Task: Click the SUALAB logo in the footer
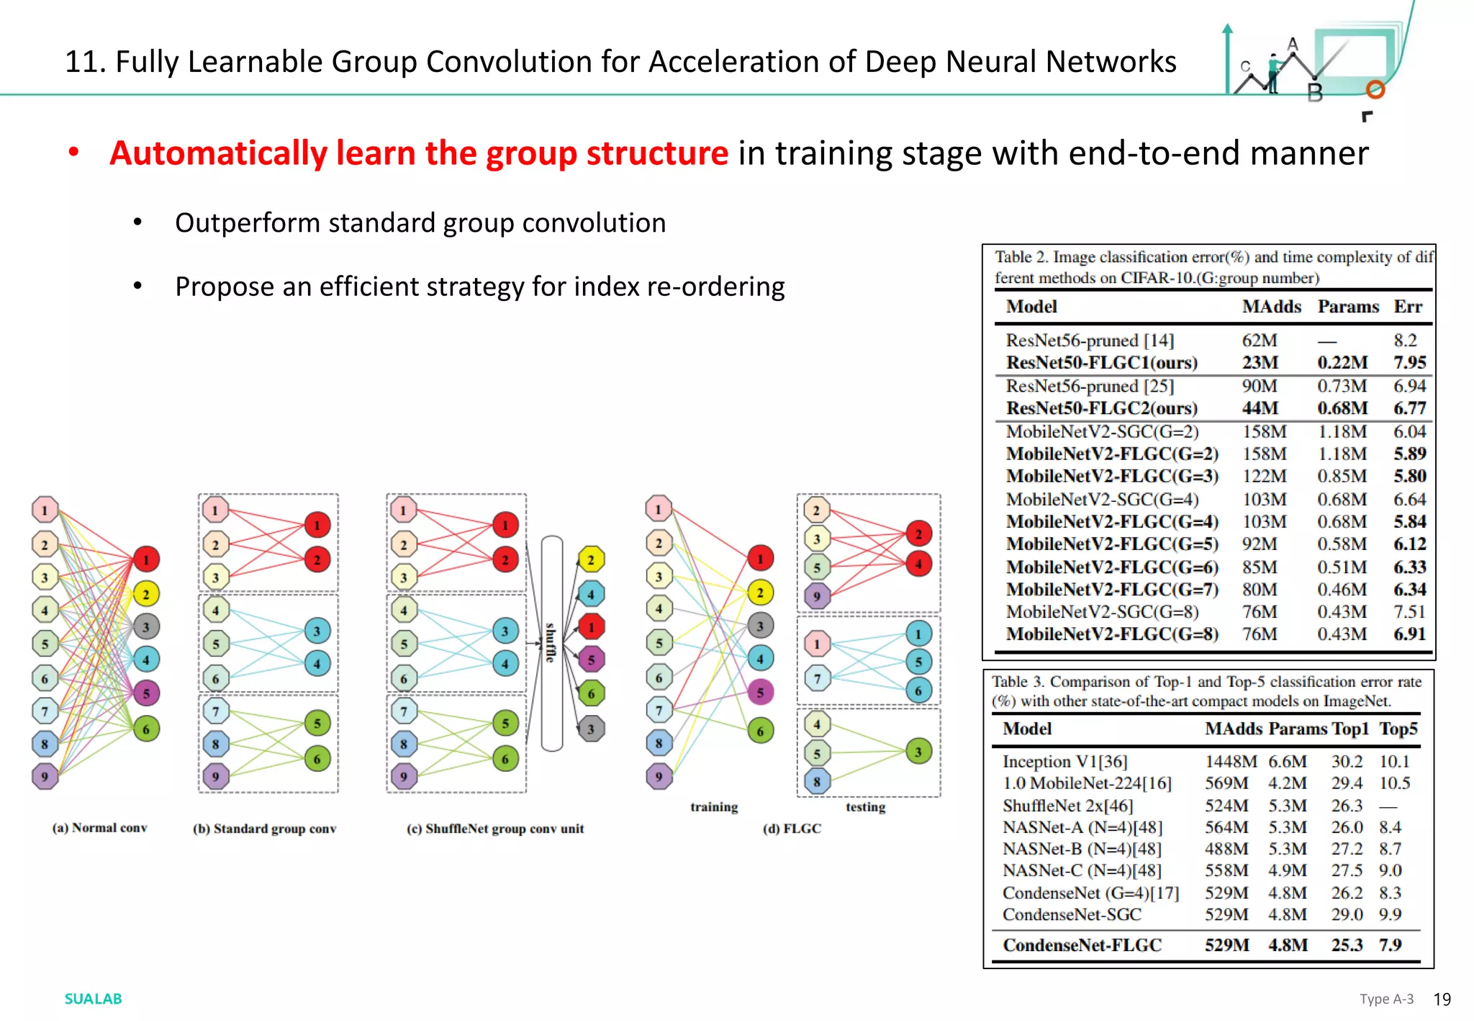(93, 999)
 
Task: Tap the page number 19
(1442, 999)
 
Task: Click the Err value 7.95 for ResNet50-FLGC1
(1409, 362)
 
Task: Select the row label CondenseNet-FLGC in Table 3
(1082, 945)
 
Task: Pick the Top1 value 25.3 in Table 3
(1347, 945)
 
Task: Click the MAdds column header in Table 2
(1271, 307)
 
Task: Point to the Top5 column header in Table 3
(1398, 729)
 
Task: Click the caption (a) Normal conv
(99, 828)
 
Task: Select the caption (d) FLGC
(792, 829)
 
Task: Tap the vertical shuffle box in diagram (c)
(551, 643)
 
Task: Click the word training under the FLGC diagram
(714, 807)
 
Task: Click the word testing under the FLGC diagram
(865, 807)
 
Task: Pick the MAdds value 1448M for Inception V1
(1231, 761)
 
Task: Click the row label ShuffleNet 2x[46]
(1067, 805)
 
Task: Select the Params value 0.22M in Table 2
(1342, 362)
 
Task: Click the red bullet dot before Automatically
(73, 153)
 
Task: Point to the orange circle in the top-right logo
(1375, 89)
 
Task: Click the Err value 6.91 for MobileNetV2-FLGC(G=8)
(1409, 634)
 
